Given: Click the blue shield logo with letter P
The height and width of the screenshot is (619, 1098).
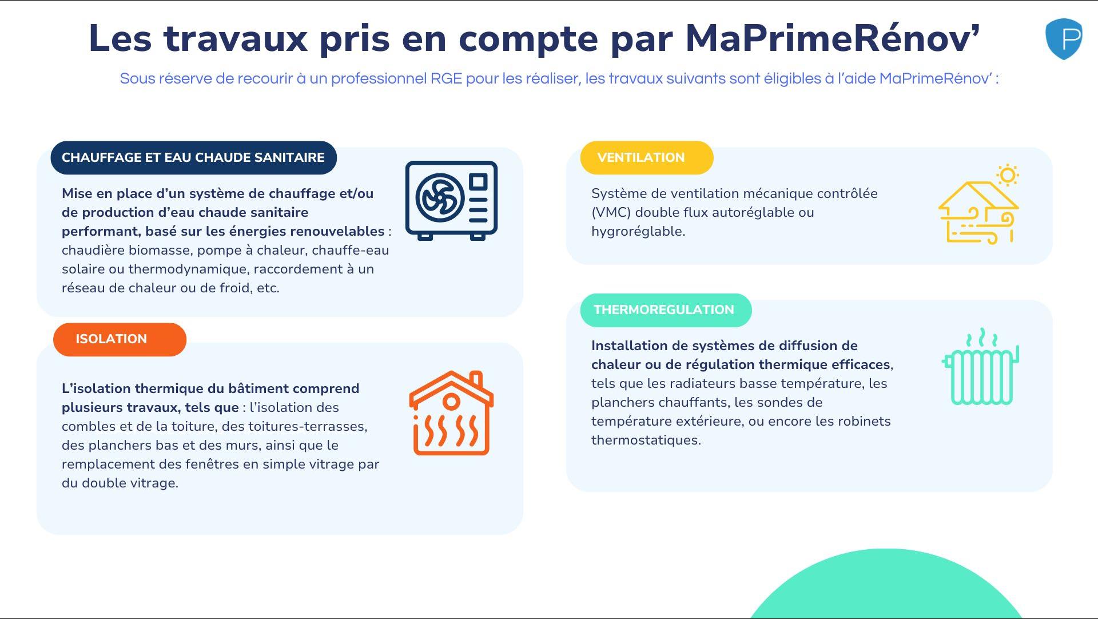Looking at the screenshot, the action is click(x=1064, y=39).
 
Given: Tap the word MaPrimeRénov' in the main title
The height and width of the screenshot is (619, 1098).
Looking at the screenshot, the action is click(x=833, y=38).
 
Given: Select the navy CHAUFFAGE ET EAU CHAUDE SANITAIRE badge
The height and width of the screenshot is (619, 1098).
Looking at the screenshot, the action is click(x=193, y=158).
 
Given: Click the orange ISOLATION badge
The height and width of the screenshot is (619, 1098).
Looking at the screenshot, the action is click(x=120, y=339).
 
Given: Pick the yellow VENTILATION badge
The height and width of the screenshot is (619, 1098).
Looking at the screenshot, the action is click(x=647, y=158).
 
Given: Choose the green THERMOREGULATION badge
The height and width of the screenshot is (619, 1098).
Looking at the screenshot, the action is click(x=666, y=310).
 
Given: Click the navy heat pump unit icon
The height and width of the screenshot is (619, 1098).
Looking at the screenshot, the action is click(x=451, y=200).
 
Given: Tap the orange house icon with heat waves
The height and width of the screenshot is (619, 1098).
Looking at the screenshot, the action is click(x=451, y=413).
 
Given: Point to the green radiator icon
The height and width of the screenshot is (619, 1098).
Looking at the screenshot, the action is click(x=981, y=367).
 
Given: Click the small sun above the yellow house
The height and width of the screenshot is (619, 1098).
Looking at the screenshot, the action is click(x=1008, y=175).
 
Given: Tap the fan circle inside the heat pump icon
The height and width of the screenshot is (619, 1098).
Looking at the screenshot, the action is click(x=440, y=198).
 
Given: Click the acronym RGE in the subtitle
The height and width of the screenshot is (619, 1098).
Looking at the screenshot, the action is click(x=446, y=79).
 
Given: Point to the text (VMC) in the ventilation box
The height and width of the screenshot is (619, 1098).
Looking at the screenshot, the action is click(x=611, y=213).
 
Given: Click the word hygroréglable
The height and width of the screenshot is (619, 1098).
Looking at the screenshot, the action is click(x=638, y=232).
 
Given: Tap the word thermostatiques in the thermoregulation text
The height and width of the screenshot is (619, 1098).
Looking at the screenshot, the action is click(x=646, y=441).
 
